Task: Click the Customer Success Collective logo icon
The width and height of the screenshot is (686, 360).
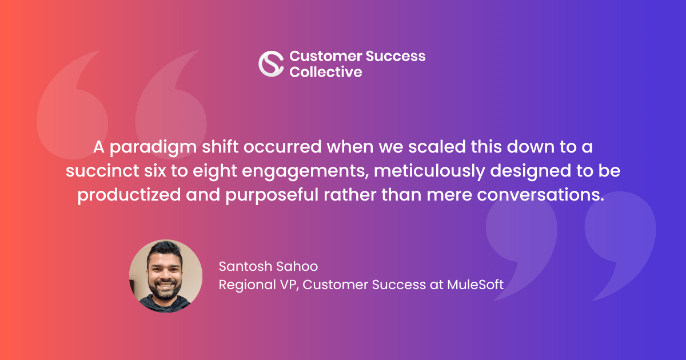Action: coord(271,63)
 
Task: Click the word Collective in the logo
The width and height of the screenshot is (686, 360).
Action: coord(326,72)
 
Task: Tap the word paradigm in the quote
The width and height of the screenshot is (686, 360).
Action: coord(153,147)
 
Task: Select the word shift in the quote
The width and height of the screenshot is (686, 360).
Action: coord(220,147)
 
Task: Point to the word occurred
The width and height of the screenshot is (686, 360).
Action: coord(282,147)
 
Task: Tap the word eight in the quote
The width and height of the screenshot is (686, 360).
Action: coord(215,171)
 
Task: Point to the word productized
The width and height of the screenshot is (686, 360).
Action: coord(129,195)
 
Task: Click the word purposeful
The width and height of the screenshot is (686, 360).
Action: coord(272,195)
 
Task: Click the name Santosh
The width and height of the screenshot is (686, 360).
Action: coord(245,266)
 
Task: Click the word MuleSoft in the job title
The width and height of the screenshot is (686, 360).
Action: coord(475,285)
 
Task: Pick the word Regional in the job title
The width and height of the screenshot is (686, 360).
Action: coord(247,285)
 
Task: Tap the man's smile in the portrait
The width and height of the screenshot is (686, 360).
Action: coord(165,286)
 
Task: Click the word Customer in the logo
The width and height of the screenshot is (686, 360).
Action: coord(326,56)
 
